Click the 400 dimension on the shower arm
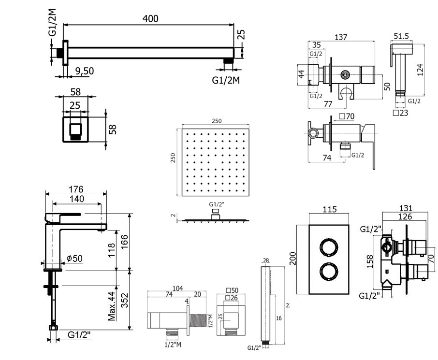click(150, 18)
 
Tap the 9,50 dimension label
click(84, 71)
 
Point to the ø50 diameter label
click(75, 258)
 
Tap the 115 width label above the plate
click(329, 210)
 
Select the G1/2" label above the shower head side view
click(217, 204)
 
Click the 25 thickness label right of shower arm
click(241, 34)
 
